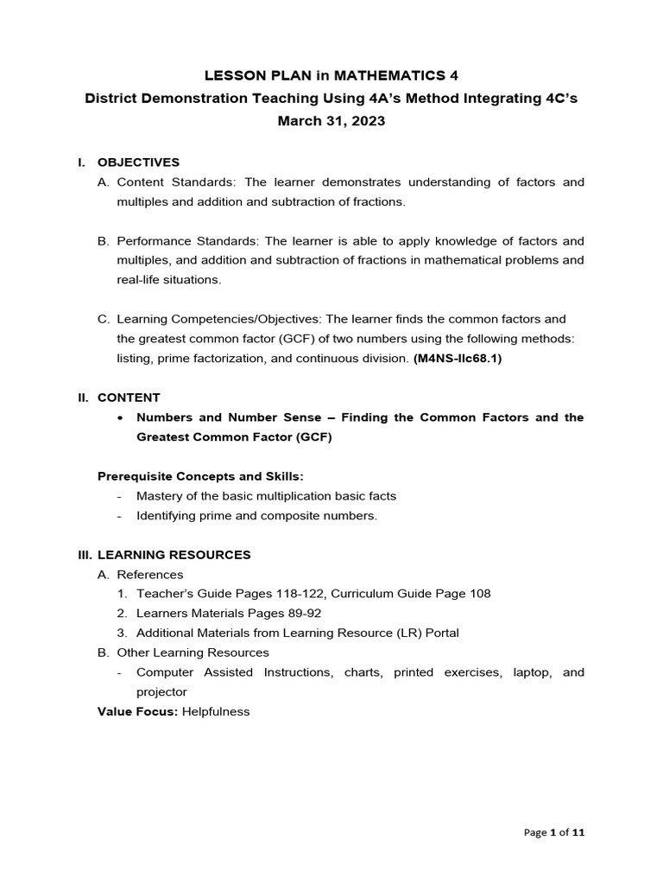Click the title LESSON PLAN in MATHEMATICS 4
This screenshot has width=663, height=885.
(331, 77)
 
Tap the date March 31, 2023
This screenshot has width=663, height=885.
(331, 121)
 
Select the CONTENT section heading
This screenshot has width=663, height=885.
(129, 398)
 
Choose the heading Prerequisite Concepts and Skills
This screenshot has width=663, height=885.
(200, 476)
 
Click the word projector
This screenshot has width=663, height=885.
(161, 692)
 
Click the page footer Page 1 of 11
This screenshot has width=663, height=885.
(554, 833)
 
